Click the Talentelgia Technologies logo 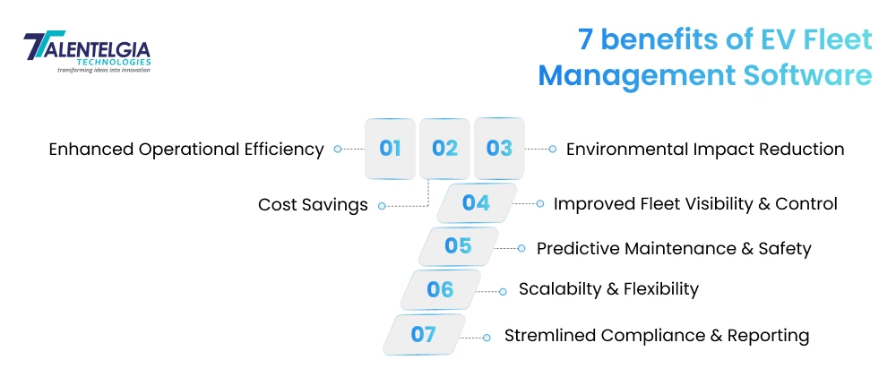[87, 52]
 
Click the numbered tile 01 [390, 149]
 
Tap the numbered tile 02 [444, 149]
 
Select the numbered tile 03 [499, 149]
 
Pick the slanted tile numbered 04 [477, 203]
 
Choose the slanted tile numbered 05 [459, 246]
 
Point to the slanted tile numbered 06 [440, 289]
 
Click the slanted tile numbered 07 [423, 335]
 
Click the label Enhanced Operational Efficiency [186, 150]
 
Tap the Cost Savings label [313, 205]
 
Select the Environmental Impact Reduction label [705, 150]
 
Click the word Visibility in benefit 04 [700, 204]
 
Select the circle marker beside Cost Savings [382, 206]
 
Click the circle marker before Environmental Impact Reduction [552, 150]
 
